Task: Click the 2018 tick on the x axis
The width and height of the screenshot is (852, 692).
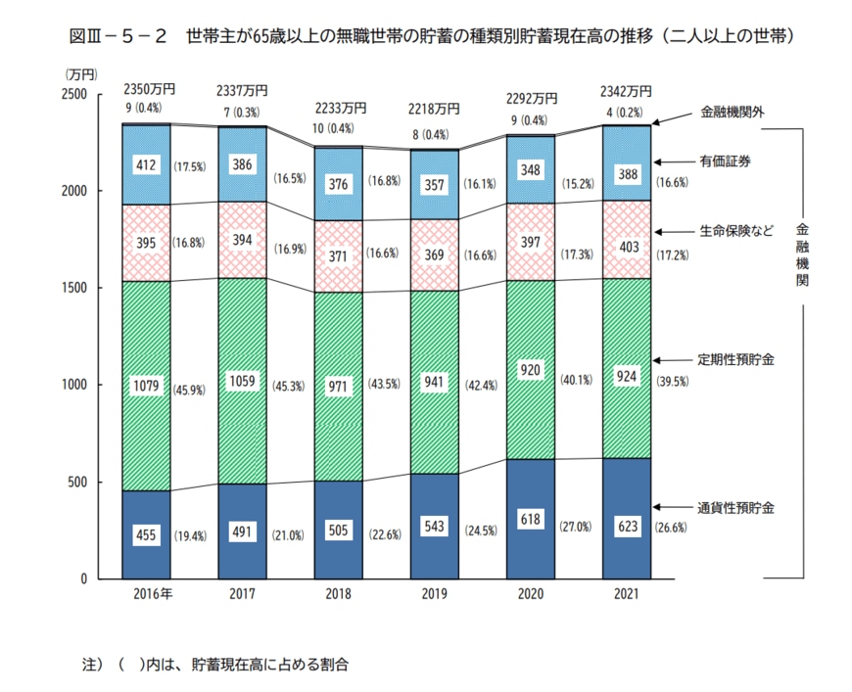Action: point(338,594)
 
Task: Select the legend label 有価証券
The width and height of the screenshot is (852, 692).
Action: point(725,160)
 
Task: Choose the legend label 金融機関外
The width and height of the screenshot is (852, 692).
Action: point(732,112)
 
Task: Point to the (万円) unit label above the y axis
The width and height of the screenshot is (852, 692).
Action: point(81,74)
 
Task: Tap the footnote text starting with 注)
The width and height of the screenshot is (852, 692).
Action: point(215,664)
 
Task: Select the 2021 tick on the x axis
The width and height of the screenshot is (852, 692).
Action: point(627,594)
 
